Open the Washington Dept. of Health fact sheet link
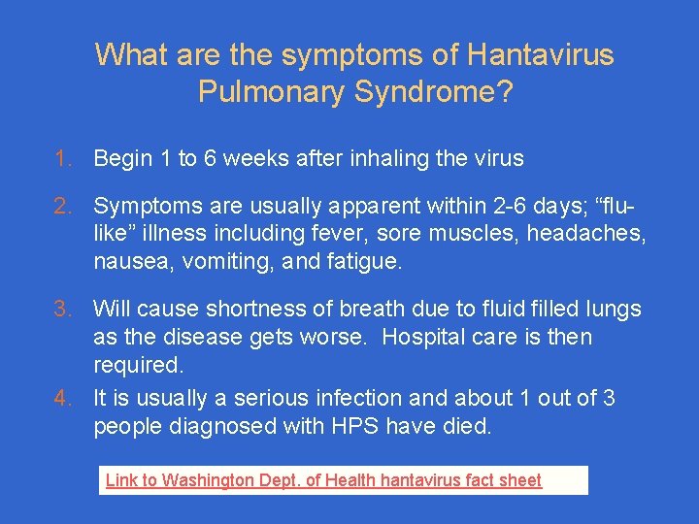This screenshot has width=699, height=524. click(x=323, y=480)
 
